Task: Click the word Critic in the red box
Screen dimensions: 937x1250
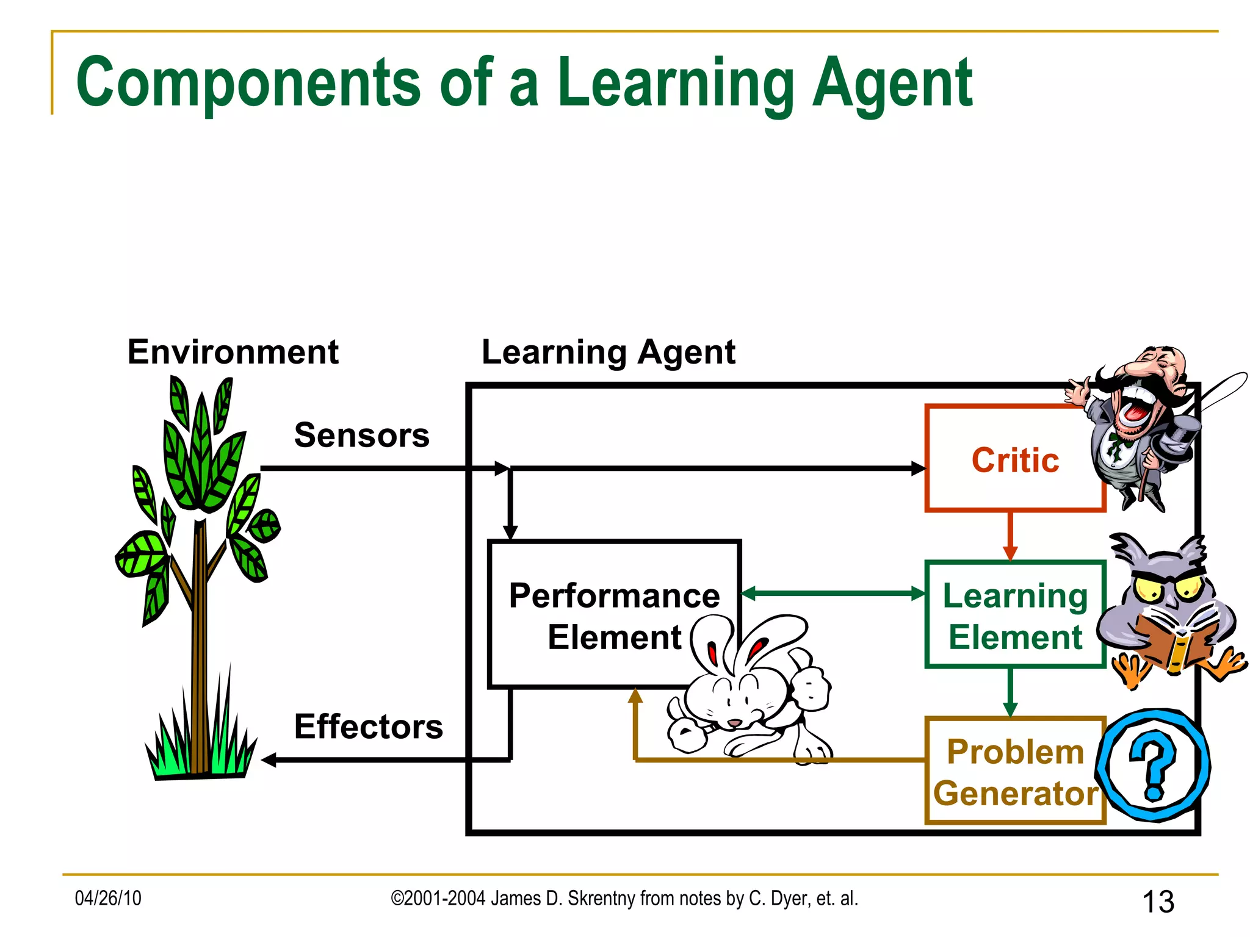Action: point(1015,460)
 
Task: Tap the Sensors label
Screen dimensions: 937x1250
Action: point(361,435)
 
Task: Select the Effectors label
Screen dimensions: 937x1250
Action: point(368,727)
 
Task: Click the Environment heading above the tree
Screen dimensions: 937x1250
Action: point(233,352)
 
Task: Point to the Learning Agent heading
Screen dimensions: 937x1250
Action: point(608,352)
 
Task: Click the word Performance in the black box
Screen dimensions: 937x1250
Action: point(614,595)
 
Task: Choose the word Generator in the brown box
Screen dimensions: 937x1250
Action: point(1015,794)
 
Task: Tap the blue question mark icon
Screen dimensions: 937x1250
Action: point(1154,766)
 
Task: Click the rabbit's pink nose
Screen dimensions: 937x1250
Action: point(734,723)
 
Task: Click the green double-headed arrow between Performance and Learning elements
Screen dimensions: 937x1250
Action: point(833,593)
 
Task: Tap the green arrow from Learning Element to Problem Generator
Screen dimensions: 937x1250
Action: point(1010,692)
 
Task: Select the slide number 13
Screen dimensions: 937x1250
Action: point(1157,902)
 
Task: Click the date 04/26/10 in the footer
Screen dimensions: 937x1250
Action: point(108,898)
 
